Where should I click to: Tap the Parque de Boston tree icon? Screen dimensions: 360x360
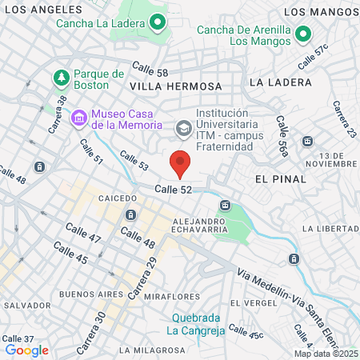tap(61, 78)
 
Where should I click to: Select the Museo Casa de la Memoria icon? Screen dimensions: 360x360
tap(79, 118)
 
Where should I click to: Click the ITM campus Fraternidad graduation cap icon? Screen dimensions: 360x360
tap(183, 126)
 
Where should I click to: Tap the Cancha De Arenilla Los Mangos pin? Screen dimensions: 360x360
tap(302, 34)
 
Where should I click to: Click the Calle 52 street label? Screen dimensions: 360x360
tap(174, 189)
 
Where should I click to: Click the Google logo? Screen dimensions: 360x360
tap(26, 350)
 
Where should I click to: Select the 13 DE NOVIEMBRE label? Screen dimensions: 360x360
tap(335, 160)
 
